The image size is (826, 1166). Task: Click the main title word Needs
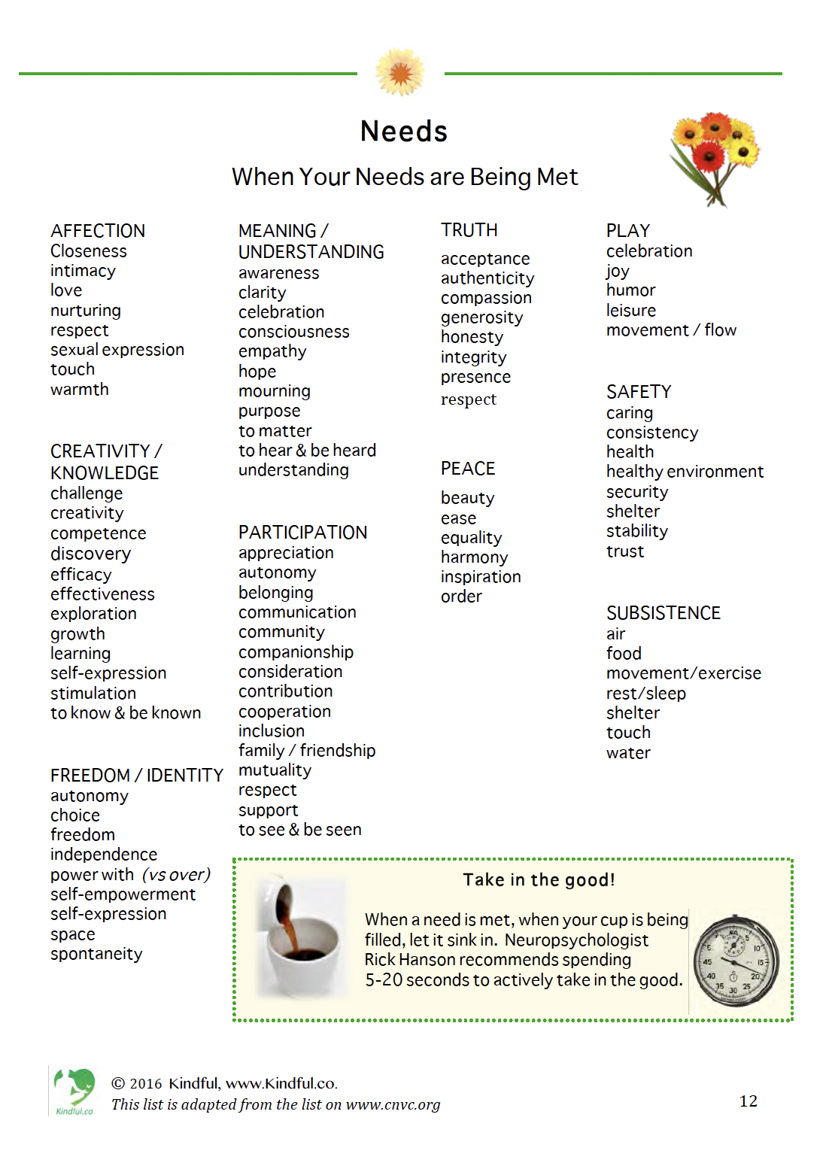[404, 132]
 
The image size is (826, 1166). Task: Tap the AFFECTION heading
[98, 231]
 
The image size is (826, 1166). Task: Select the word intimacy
[83, 271]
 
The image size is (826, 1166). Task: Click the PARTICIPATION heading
[302, 533]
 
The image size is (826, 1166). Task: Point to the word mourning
[274, 391]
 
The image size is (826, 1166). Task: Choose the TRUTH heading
[469, 230]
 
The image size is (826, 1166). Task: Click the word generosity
[481, 317]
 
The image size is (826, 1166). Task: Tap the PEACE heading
[467, 469]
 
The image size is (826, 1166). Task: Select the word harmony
[474, 557]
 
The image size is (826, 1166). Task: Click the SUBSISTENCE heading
[663, 613]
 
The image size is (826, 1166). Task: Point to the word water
[628, 753]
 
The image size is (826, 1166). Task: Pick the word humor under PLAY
[630, 290]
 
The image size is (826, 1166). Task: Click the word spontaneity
[96, 954]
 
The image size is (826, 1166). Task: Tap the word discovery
[90, 554]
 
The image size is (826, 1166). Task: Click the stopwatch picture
[735, 961]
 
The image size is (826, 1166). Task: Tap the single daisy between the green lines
[400, 72]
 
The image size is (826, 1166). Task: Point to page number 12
[748, 1101]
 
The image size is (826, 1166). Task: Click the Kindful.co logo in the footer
[74, 1092]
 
